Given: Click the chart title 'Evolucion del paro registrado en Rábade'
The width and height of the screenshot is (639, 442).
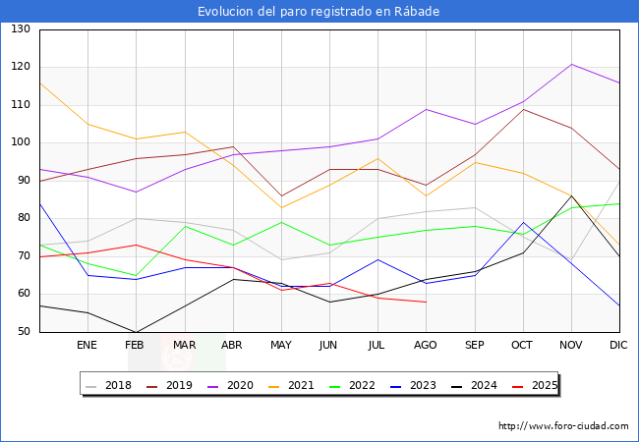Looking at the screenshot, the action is point(319,12).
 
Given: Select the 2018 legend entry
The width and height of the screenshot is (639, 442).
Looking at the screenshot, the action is point(108,385).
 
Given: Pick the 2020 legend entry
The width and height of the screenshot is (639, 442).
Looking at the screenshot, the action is point(230,385).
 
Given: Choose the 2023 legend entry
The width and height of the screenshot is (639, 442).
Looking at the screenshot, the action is point(413,385).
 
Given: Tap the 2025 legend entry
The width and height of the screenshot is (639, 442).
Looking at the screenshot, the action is point(535,385).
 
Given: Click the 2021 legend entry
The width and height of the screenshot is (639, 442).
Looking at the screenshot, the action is point(291,385).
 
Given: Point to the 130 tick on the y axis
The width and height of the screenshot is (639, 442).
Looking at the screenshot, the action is point(21,28).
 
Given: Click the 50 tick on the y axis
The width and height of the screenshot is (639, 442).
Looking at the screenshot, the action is point(24,331).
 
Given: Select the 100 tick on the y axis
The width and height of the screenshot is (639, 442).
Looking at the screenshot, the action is point(21,142).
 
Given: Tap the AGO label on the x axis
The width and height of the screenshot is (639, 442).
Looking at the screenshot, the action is point(426,345).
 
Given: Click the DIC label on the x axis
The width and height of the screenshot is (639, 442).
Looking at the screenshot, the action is point(618,345).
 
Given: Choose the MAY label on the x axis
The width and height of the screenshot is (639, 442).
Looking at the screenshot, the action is point(281,345).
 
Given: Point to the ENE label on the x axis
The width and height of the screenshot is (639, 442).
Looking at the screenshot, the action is point(87,345).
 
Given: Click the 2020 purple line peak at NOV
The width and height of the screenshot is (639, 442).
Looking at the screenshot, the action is point(572,64).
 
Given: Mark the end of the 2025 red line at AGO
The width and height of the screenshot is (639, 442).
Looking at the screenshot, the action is point(427,302).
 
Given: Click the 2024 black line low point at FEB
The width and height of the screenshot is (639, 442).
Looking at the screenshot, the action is point(136,332).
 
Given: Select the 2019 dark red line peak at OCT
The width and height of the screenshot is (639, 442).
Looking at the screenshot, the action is point(524,109).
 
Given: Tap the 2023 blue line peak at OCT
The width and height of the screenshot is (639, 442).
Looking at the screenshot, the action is point(524,222).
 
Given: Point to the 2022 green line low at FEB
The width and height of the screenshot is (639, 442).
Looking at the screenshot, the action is point(136,276).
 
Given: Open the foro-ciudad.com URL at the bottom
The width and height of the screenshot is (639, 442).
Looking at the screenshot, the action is point(563,426).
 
